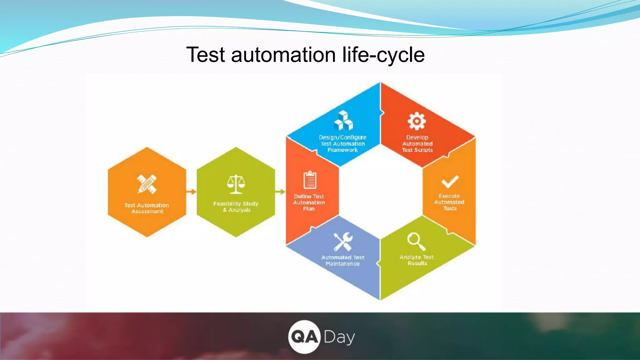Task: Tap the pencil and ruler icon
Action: pyautogui.click(x=147, y=184)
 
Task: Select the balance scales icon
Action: pyautogui.click(x=236, y=184)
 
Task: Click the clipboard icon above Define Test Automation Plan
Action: pyautogui.click(x=310, y=180)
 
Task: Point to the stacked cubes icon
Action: pyautogui.click(x=343, y=121)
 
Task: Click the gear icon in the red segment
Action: pyautogui.click(x=417, y=121)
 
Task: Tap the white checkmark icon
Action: pyautogui.click(x=450, y=182)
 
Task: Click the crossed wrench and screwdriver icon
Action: pyautogui.click(x=343, y=242)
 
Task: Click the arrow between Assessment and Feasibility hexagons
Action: pyautogui.click(x=191, y=192)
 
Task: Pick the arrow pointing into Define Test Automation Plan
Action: pyautogui.click(x=280, y=192)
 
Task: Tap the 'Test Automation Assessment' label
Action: pyautogui.click(x=147, y=208)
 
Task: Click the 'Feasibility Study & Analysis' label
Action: pyautogui.click(x=236, y=207)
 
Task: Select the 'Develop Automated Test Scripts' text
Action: pyautogui.click(x=417, y=144)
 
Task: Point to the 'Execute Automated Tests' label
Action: pyautogui.click(x=449, y=202)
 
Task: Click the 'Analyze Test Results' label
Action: pyautogui.click(x=417, y=260)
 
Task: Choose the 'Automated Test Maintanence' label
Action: pyautogui.click(x=343, y=260)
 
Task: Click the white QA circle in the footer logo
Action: pyautogui.click(x=304, y=337)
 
